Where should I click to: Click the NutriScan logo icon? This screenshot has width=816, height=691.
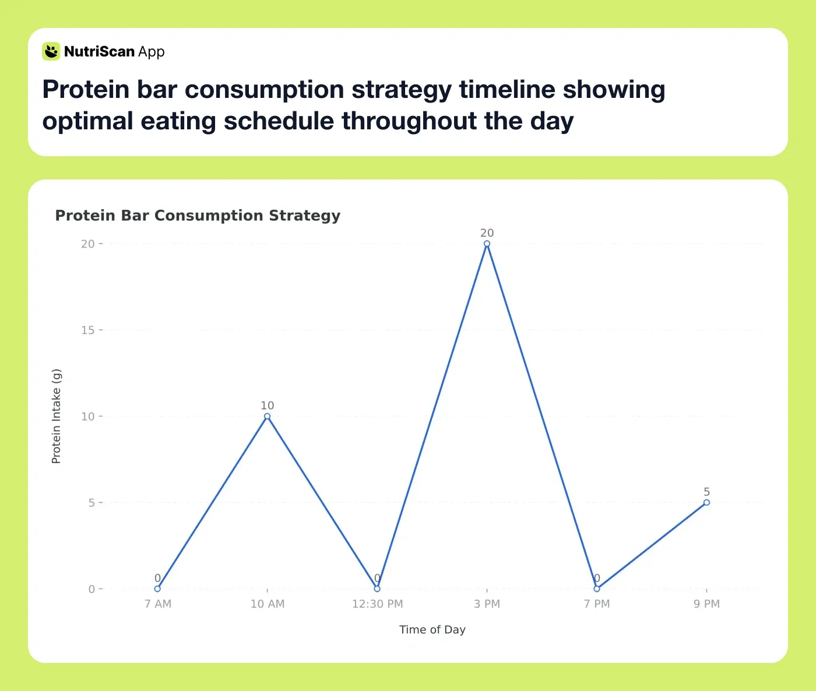(51, 51)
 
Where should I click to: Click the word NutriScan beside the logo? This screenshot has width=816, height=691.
(99, 52)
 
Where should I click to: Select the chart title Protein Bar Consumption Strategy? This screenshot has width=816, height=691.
(198, 216)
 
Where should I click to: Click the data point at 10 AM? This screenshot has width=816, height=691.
(267, 416)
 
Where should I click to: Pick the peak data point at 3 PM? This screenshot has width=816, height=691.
(487, 244)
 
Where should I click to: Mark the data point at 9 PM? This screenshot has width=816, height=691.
(706, 502)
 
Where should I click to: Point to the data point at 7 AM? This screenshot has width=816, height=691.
(157, 588)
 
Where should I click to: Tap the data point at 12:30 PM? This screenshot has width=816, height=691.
(377, 588)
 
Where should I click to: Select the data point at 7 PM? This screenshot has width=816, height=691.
(597, 588)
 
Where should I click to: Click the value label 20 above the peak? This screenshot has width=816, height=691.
(487, 233)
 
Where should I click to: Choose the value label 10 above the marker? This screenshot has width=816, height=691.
(267, 406)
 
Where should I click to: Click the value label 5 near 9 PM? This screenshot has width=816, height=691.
(706, 492)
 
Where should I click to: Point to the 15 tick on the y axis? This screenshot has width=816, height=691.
(87, 330)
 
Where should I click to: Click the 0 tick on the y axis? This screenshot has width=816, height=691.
(92, 589)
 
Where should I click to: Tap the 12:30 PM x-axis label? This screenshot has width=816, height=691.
(377, 604)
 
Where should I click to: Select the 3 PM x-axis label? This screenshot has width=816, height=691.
(487, 604)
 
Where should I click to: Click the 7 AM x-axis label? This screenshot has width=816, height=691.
(157, 604)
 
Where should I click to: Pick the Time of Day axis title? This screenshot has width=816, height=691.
(432, 629)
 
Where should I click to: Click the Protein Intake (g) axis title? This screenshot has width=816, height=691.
(56, 416)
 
